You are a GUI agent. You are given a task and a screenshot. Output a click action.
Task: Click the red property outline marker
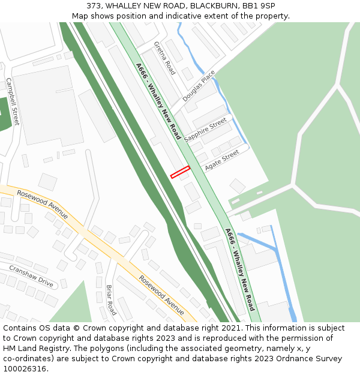coord(180,172)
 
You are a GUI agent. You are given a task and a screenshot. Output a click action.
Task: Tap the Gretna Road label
coord(164,58)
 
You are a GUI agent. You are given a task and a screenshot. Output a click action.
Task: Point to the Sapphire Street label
coord(206,130)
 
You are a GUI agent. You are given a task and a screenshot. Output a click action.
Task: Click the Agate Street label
coord(221,160)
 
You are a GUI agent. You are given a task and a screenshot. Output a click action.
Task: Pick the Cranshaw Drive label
coord(31,276)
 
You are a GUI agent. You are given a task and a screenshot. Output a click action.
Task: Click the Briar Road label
coord(111,300)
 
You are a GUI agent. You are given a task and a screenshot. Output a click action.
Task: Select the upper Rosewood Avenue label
coord(42,204)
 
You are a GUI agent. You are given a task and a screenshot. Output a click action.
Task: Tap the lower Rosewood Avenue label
coord(161,295)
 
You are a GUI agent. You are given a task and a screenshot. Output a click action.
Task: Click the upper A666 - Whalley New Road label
coord(158,101)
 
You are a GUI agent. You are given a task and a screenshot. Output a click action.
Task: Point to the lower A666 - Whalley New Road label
coord(240,268)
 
